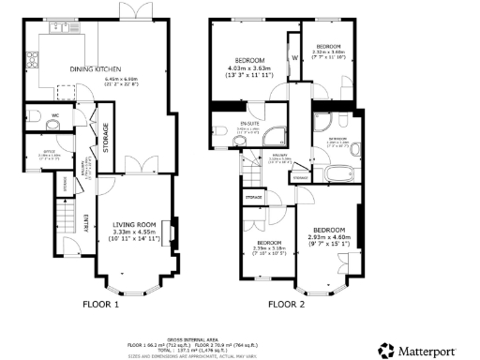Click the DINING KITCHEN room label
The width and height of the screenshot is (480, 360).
click(92, 67)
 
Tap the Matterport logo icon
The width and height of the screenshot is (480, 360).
click(384, 350)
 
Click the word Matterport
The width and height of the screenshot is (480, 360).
click(429, 350)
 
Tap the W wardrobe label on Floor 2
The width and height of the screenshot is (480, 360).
click(293, 55)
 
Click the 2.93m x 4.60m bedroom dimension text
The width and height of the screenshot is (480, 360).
click(331, 237)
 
